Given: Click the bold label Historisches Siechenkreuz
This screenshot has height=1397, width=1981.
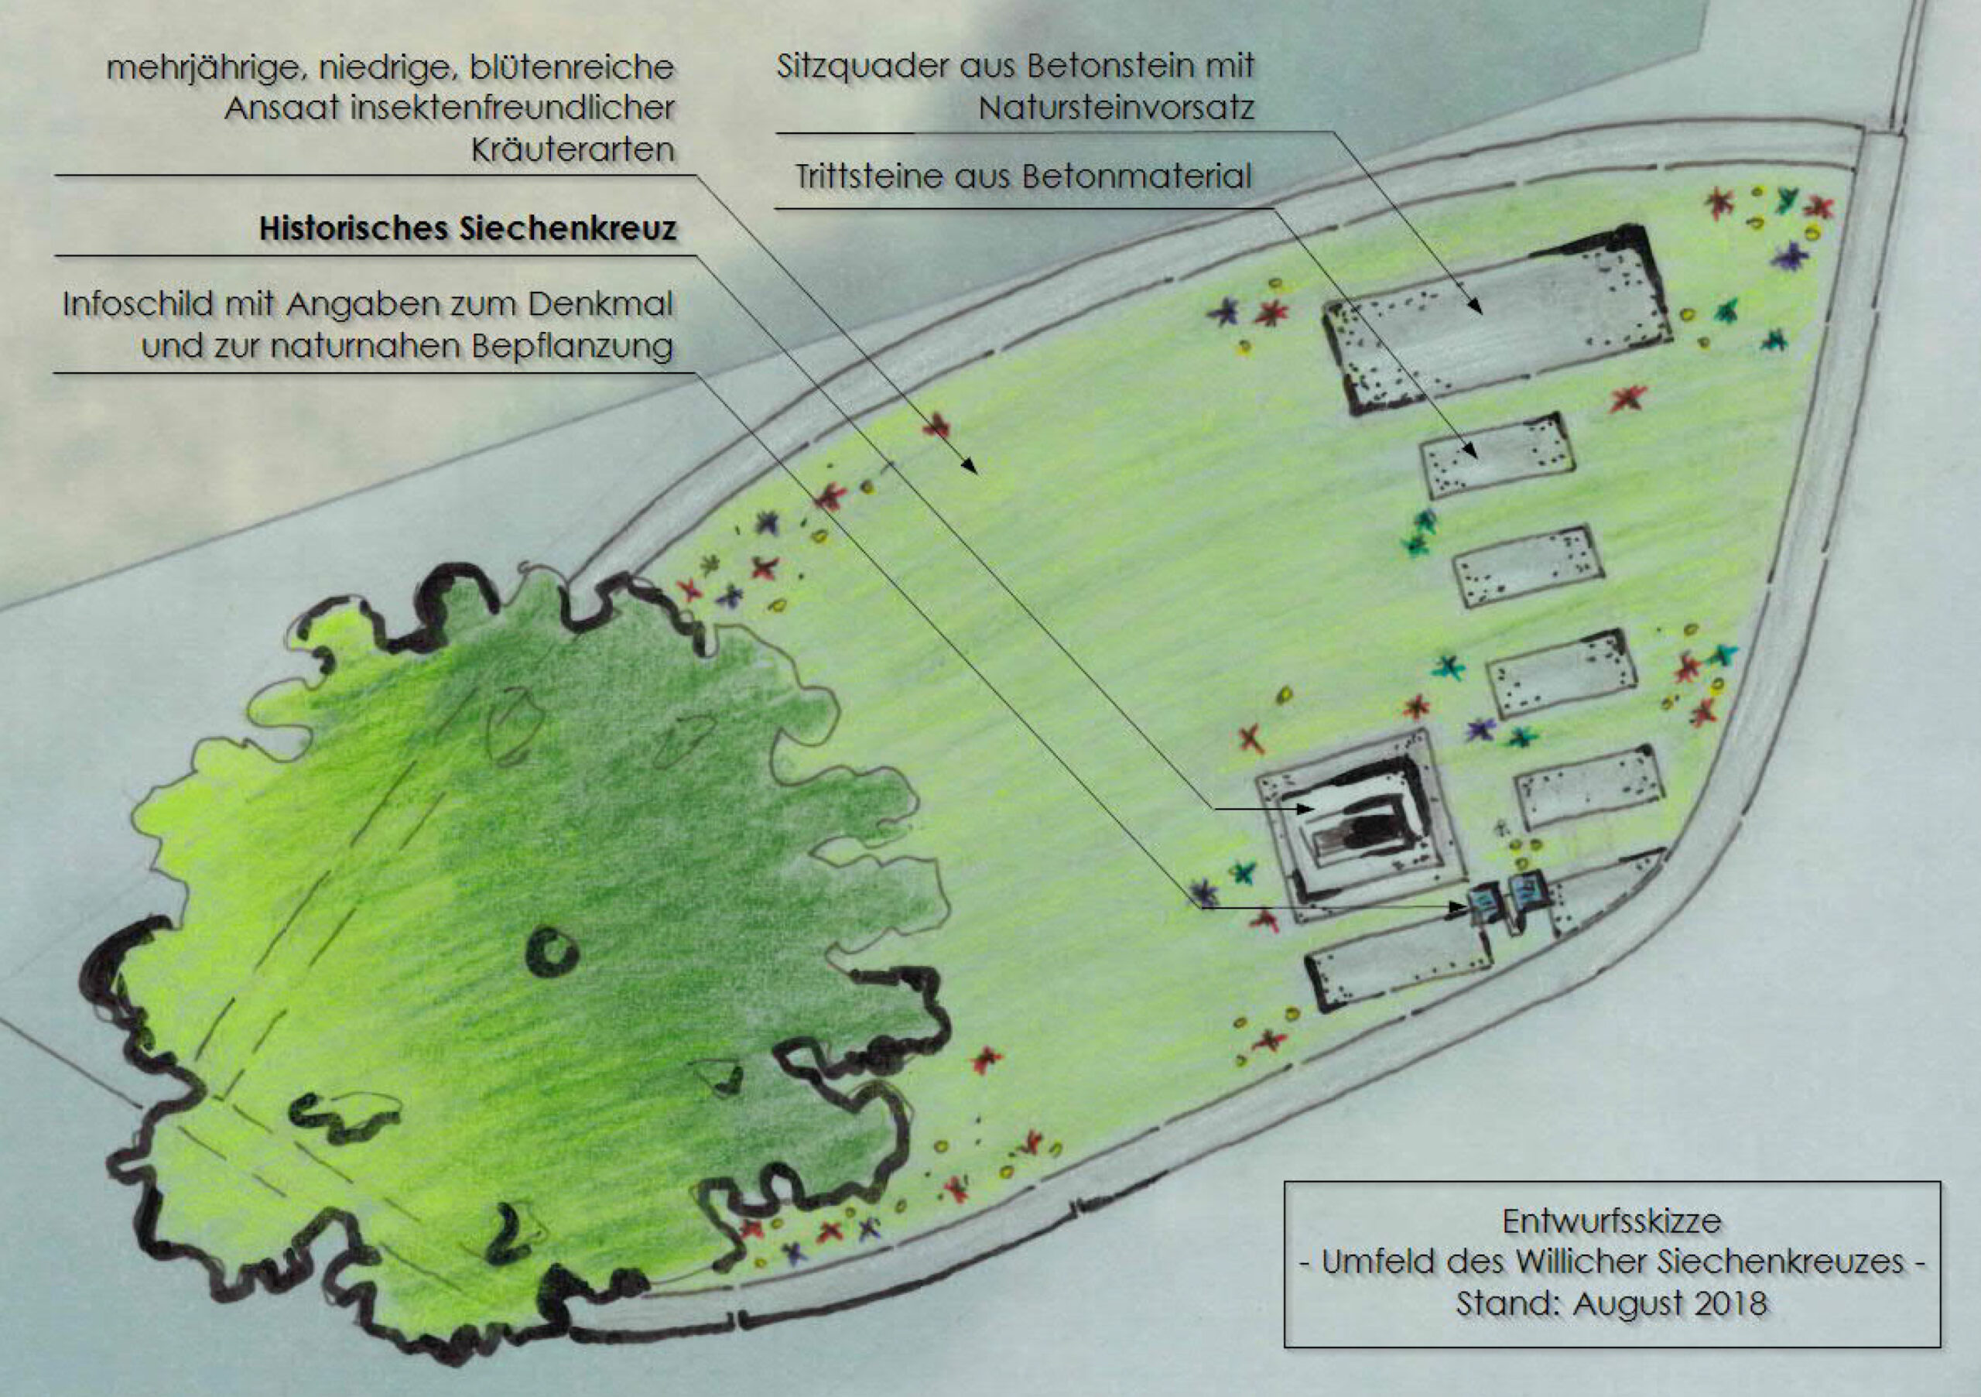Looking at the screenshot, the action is click(467, 228).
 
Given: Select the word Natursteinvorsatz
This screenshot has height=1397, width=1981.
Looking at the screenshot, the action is click(1117, 108).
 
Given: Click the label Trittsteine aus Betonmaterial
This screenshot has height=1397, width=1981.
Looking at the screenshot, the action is click(1023, 176).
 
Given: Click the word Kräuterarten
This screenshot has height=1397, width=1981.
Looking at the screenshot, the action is click(573, 150).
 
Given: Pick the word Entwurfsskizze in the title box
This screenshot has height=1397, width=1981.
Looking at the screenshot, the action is click(1612, 1221).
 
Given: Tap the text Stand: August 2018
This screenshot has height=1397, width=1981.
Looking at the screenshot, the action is click(1612, 1302).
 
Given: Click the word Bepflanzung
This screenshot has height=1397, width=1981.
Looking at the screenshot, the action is click(573, 346).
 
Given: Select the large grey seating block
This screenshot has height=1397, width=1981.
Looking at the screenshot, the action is click(1497, 320).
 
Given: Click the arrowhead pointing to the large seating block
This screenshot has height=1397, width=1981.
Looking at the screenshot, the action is click(1475, 306).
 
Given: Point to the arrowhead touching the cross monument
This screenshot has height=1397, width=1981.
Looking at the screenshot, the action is click(1305, 809).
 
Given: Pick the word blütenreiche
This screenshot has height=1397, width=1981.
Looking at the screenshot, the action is click(571, 67).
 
